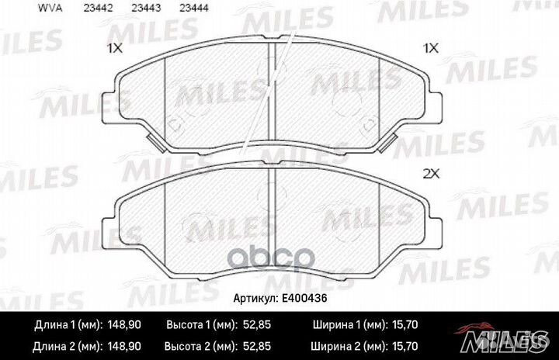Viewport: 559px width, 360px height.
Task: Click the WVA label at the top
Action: pyautogui.click(x=50, y=8)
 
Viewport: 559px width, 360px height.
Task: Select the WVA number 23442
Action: pyautogui.click(x=98, y=8)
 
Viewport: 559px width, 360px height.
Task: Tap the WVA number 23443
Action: pyautogui.click(x=146, y=8)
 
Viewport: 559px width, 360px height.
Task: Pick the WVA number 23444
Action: pyautogui.click(x=193, y=8)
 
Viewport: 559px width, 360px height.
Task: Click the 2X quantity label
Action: pyautogui.click(x=431, y=174)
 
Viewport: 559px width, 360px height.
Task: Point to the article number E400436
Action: pyautogui.click(x=304, y=298)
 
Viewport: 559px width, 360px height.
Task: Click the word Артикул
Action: pyautogui.click(x=255, y=299)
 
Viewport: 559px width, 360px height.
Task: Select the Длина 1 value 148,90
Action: pyautogui.click(x=124, y=325)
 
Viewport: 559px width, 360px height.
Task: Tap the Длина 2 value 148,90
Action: pyautogui.click(x=124, y=346)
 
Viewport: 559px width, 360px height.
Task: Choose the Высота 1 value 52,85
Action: pyautogui.click(x=257, y=325)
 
